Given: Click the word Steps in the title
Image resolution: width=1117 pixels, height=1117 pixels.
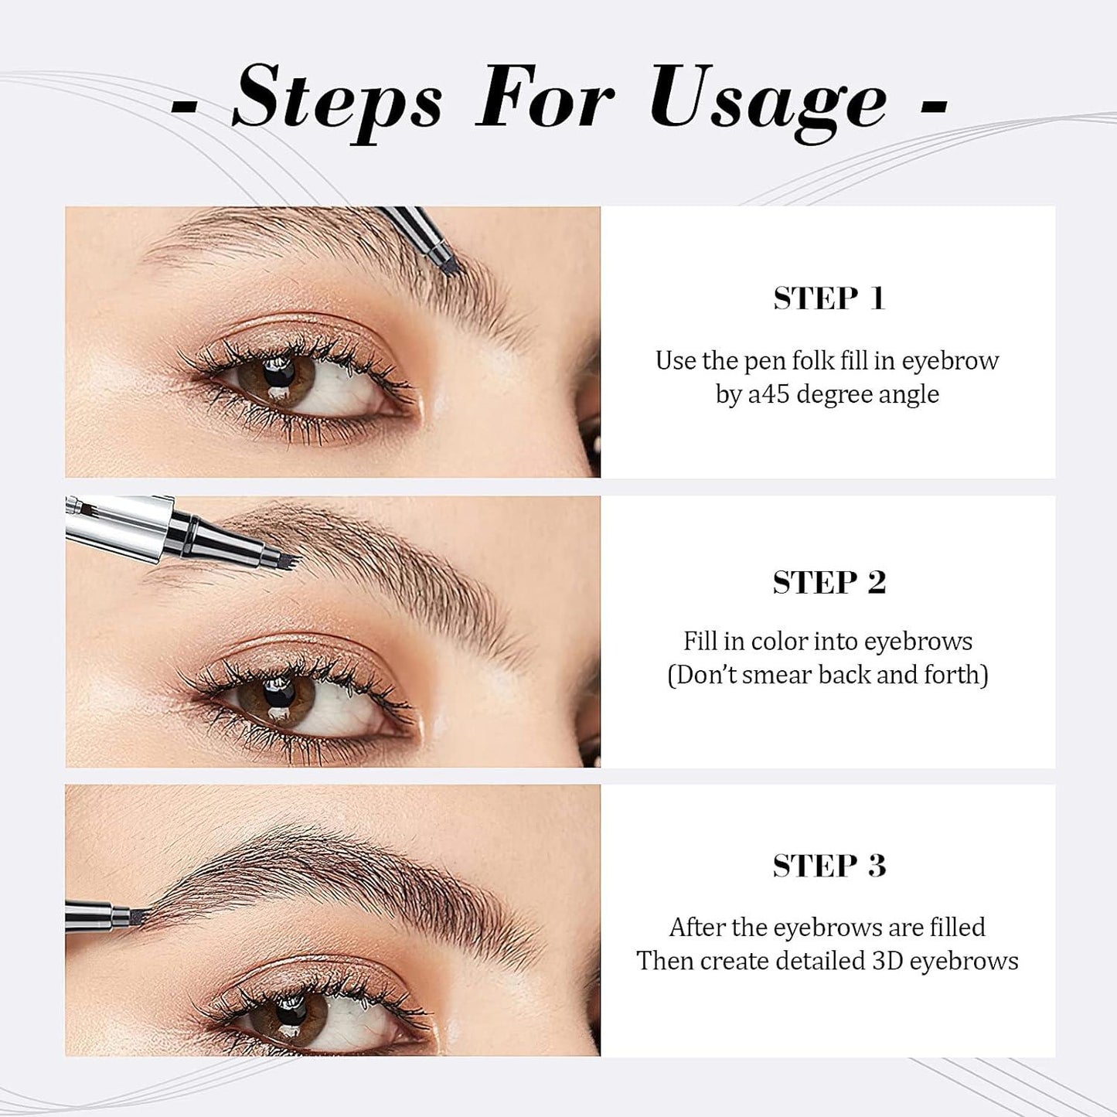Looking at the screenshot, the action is (x=337, y=100).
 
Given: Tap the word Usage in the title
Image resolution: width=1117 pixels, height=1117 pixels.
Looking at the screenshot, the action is (x=768, y=100).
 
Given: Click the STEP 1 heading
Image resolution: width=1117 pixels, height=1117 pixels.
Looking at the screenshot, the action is (x=829, y=298).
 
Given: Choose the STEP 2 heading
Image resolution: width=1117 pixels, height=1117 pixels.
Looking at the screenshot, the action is (x=829, y=582).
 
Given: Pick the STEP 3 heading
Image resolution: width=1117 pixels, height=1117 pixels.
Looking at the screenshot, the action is (x=829, y=866).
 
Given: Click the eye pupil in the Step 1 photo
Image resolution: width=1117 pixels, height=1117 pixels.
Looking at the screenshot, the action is (x=279, y=372).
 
